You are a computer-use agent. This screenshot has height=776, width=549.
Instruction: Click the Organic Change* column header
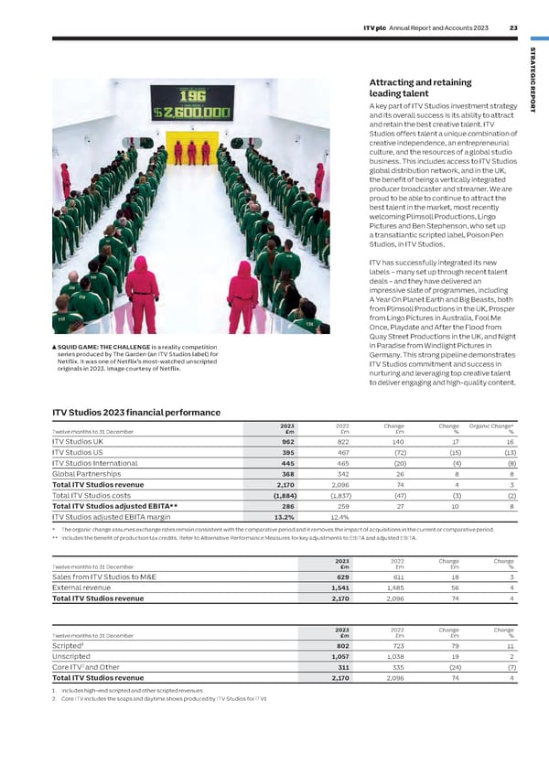pyautogui.click(x=493, y=425)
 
